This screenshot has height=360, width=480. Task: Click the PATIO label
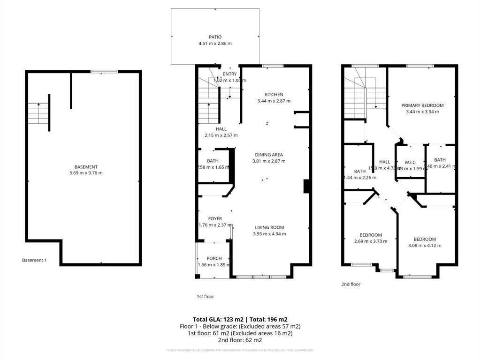coord(215,37)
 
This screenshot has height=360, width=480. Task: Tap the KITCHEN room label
coord(274,95)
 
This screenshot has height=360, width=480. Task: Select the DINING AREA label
coord(268,155)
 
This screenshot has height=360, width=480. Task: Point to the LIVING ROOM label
coord(269,228)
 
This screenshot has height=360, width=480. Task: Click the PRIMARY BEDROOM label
coord(422,105)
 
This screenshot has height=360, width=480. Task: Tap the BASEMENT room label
coord(86,167)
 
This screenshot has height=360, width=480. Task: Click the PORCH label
coord(214,258)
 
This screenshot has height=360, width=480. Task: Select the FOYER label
coord(215,218)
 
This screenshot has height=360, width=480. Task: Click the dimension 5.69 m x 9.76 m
coord(86,173)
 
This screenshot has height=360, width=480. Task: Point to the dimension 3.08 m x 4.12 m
coord(425,245)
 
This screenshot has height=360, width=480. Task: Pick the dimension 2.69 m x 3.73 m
coord(371,241)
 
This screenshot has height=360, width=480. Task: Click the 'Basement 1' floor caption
coord(34,260)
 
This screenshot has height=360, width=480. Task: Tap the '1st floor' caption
coord(205,296)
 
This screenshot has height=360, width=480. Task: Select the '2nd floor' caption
coord(350,284)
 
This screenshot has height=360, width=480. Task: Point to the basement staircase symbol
coord(38,113)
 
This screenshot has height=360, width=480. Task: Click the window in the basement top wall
coord(105,72)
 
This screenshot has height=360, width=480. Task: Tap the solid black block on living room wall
coord(306,186)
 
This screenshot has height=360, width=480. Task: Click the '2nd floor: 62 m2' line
coord(240,340)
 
